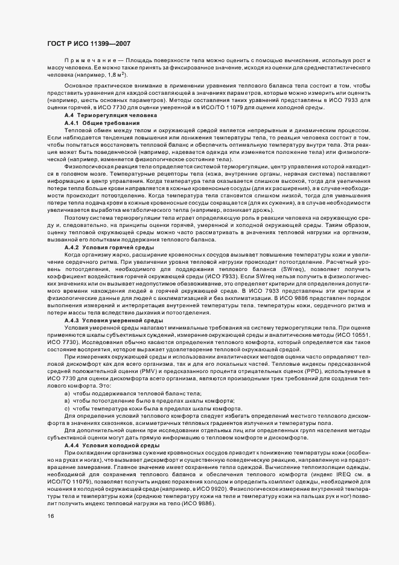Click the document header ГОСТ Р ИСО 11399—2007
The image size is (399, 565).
tap(88, 43)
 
